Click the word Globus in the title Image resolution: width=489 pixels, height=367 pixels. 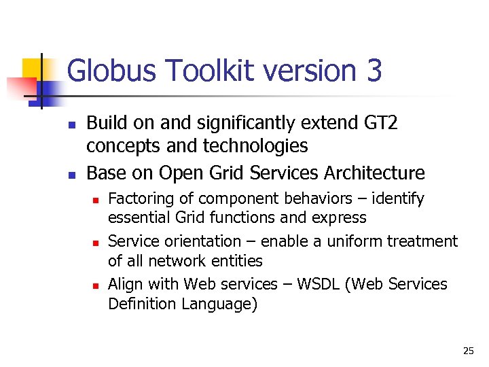pyautogui.click(x=110, y=71)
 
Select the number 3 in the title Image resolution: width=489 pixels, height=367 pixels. pyautogui.click(x=373, y=71)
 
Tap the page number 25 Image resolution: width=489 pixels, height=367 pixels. pyautogui.click(x=468, y=351)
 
